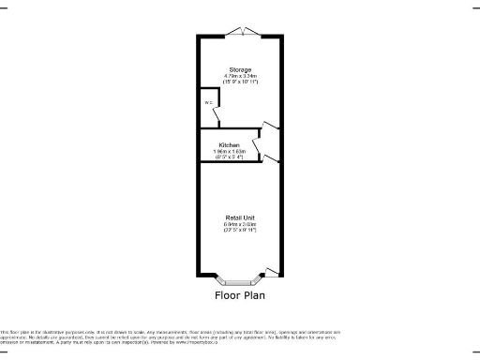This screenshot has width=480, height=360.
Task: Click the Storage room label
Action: (240, 68)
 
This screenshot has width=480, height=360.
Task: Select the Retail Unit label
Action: (240, 217)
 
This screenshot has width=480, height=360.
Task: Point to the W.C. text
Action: (206, 102)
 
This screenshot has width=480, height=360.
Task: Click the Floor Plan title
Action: (240, 295)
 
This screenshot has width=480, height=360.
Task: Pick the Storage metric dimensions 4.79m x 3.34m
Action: (240, 76)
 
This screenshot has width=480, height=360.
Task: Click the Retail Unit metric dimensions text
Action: (240, 225)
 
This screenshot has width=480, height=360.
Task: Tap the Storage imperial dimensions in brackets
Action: (240, 82)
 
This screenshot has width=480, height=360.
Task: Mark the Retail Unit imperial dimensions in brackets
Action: (240, 232)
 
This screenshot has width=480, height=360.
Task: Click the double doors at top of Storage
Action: (241, 34)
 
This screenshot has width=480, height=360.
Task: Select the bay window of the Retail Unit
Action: (239, 278)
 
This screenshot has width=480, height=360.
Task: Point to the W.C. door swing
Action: (218, 114)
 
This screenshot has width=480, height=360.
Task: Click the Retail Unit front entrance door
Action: (272, 272)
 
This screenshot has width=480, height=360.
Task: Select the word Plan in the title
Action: (254, 295)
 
